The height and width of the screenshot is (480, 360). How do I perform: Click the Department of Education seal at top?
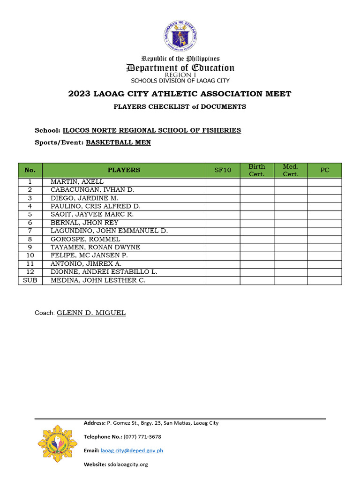point(180,36)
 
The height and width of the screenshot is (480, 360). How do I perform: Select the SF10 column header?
point(223,170)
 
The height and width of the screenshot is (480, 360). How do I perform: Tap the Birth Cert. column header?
point(256,170)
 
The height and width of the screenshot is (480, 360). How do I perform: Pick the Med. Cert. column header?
point(291,170)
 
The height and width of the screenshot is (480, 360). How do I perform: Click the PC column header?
point(324,170)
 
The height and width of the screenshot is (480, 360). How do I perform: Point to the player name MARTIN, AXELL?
point(77,182)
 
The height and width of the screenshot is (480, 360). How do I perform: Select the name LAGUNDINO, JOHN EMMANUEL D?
point(109,231)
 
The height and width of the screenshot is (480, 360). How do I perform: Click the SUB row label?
point(30,280)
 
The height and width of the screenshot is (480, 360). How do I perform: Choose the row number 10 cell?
point(30,255)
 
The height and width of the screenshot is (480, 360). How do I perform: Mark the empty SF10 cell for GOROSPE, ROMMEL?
point(223,239)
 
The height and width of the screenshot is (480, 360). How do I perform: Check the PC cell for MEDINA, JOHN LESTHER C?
point(324,280)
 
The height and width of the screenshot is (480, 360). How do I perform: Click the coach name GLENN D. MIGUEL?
point(91,313)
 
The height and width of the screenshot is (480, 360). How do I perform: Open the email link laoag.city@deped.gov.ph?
point(132,450)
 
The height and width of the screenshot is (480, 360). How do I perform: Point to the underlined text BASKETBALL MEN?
point(118,142)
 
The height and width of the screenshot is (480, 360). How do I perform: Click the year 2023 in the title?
point(79,94)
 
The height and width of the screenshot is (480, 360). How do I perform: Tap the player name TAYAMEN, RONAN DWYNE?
point(95,247)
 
